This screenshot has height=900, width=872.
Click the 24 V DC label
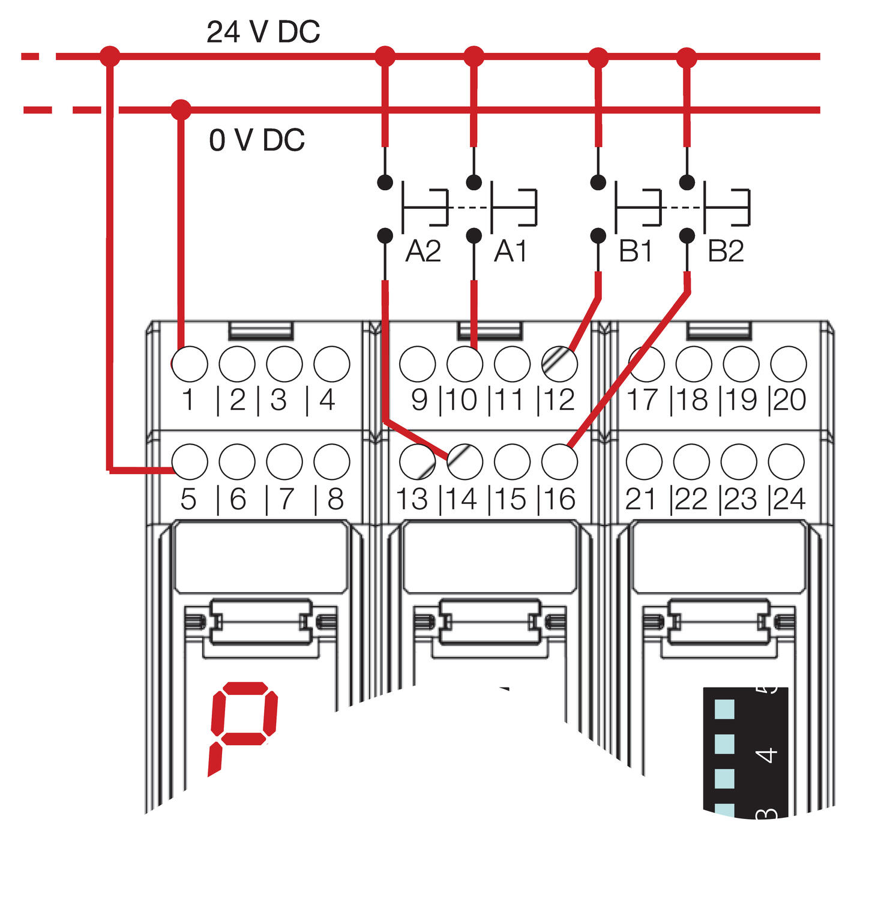click(x=263, y=32)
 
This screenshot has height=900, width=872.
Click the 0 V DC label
click(x=257, y=140)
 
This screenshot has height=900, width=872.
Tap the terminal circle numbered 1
click(x=190, y=364)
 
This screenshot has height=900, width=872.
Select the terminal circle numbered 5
click(x=190, y=461)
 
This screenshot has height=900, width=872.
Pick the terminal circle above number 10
click(x=465, y=364)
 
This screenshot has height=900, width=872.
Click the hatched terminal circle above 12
click(x=559, y=364)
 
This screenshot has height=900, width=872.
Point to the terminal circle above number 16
click(x=559, y=461)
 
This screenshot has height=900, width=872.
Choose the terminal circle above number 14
click(x=465, y=461)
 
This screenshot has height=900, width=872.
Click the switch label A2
click(x=423, y=251)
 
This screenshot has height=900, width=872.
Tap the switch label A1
click(x=511, y=251)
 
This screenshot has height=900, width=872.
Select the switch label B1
click(x=636, y=251)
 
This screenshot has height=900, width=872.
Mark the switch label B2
click(x=726, y=251)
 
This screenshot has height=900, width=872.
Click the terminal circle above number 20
click(x=788, y=364)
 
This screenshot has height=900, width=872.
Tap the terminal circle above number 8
click(x=332, y=461)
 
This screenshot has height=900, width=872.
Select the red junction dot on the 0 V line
click(x=181, y=110)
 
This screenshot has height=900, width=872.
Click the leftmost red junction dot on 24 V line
click(x=110, y=56)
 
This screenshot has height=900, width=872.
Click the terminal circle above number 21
click(x=644, y=461)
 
